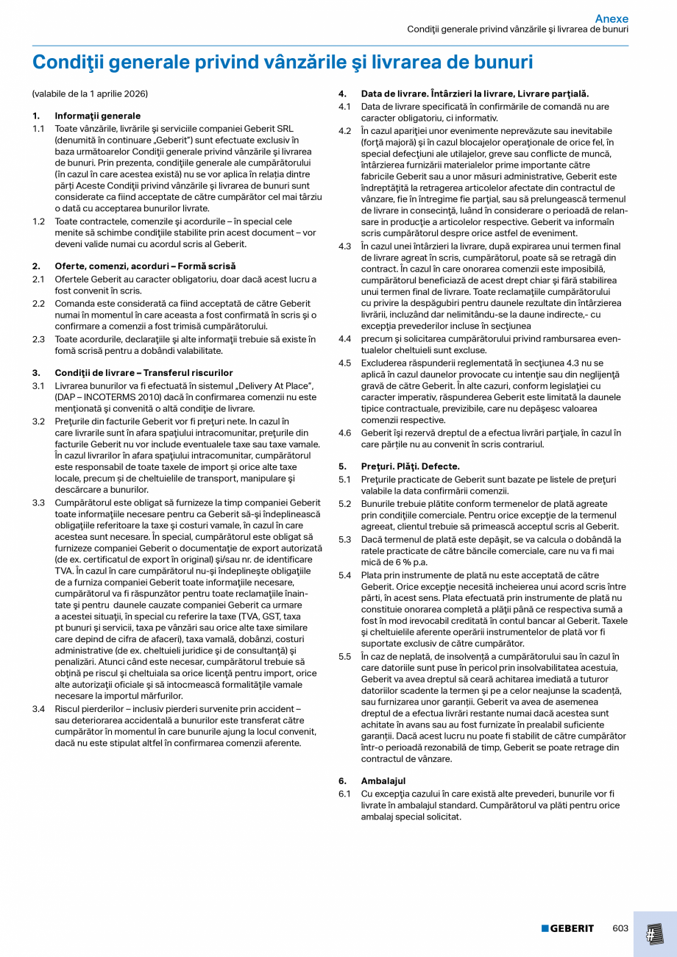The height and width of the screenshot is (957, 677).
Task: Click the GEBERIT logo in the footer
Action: (x=567, y=928)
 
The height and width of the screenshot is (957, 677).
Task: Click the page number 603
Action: (x=620, y=928)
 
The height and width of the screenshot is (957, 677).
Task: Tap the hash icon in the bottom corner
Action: (x=654, y=934)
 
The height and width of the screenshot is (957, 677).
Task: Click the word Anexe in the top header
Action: (x=612, y=18)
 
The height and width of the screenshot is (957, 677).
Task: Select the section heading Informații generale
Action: (x=97, y=116)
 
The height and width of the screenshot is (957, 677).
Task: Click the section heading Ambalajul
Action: (x=383, y=780)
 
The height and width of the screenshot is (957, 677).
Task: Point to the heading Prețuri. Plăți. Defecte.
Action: (x=410, y=466)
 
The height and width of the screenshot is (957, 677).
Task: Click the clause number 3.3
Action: (x=38, y=502)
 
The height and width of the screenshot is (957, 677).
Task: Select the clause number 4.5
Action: (x=344, y=363)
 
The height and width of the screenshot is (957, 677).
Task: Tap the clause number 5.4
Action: (x=344, y=574)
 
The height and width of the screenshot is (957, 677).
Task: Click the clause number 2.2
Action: (x=38, y=303)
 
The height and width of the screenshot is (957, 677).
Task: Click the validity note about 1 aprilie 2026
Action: (x=90, y=94)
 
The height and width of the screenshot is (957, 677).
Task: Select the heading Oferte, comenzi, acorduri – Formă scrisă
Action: (x=145, y=266)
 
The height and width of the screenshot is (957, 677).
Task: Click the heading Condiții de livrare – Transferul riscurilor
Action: (x=143, y=373)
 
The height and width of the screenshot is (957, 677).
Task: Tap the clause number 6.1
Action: (x=344, y=794)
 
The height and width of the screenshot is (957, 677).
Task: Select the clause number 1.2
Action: (x=38, y=221)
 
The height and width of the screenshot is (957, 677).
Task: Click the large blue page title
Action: (x=283, y=63)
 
